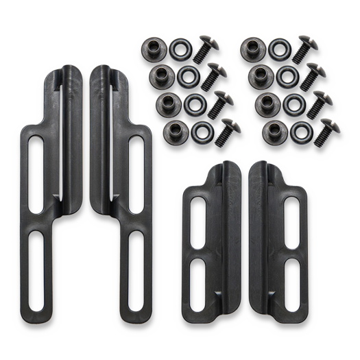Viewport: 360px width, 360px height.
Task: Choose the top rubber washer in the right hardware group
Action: tap(278, 47)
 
